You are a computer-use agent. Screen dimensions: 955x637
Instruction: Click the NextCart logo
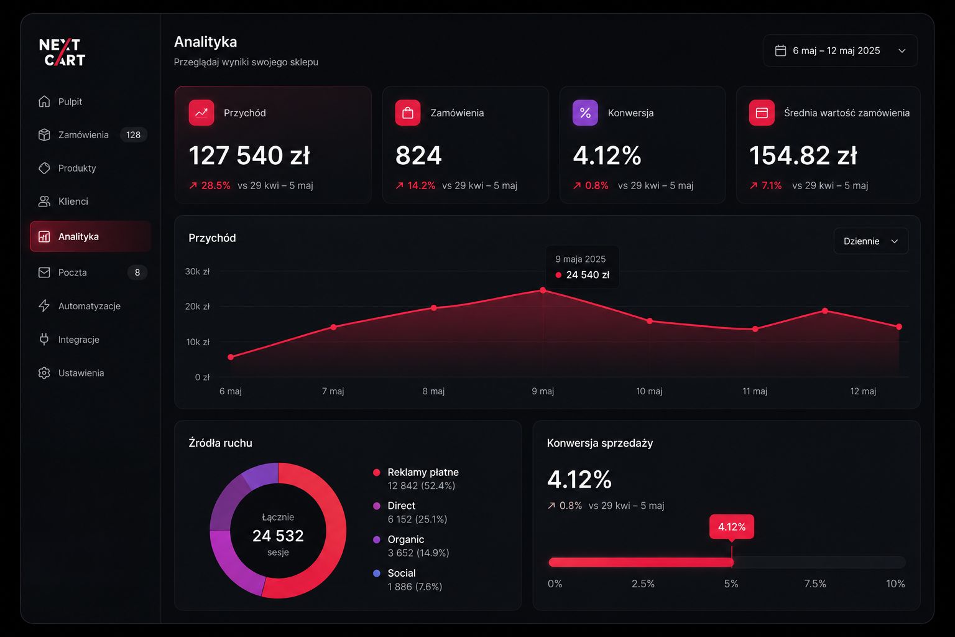(x=62, y=52)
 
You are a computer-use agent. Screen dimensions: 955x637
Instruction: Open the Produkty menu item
(x=67, y=168)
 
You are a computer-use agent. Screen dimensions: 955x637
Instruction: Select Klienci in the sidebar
(x=63, y=202)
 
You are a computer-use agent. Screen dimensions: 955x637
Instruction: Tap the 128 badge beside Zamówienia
(x=134, y=135)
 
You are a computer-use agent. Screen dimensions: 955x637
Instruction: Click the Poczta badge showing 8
(x=137, y=272)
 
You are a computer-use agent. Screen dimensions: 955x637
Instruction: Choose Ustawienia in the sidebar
(x=71, y=373)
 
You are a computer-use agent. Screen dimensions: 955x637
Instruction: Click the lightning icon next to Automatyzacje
(x=44, y=306)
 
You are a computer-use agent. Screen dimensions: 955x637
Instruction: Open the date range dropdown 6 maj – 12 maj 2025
(x=840, y=50)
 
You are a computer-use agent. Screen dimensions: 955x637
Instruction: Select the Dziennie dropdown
(x=870, y=241)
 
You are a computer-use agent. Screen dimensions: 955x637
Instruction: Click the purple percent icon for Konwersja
(x=585, y=113)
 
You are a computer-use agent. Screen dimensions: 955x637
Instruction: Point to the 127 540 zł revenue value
(x=249, y=155)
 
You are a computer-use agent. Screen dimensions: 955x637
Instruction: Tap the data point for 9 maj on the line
(x=543, y=290)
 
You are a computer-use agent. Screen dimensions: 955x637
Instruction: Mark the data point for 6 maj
(x=231, y=357)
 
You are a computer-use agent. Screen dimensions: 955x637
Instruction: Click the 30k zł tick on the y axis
(x=197, y=271)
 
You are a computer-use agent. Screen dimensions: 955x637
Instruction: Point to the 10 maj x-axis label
(x=649, y=391)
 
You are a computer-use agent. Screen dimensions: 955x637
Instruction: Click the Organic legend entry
(x=411, y=546)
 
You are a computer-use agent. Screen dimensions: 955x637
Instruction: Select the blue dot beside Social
(x=376, y=574)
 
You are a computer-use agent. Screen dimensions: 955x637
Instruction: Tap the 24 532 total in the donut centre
(x=278, y=536)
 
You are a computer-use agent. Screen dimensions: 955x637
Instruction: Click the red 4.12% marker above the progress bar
(x=732, y=527)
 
